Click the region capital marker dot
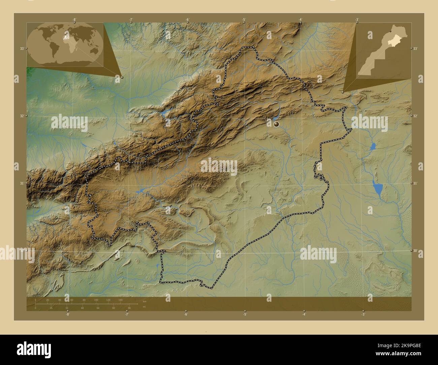tap(277, 124)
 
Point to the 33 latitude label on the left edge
tap(22, 48)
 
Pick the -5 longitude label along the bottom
tap(245, 314)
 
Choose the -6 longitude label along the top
tap(187, 20)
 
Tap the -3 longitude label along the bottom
tap(363, 314)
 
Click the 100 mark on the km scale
tap(96, 300)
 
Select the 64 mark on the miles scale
tap(98, 308)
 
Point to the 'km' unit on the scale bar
tap(145, 301)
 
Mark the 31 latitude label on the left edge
tap(22, 183)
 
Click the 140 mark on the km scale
tap(120, 300)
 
